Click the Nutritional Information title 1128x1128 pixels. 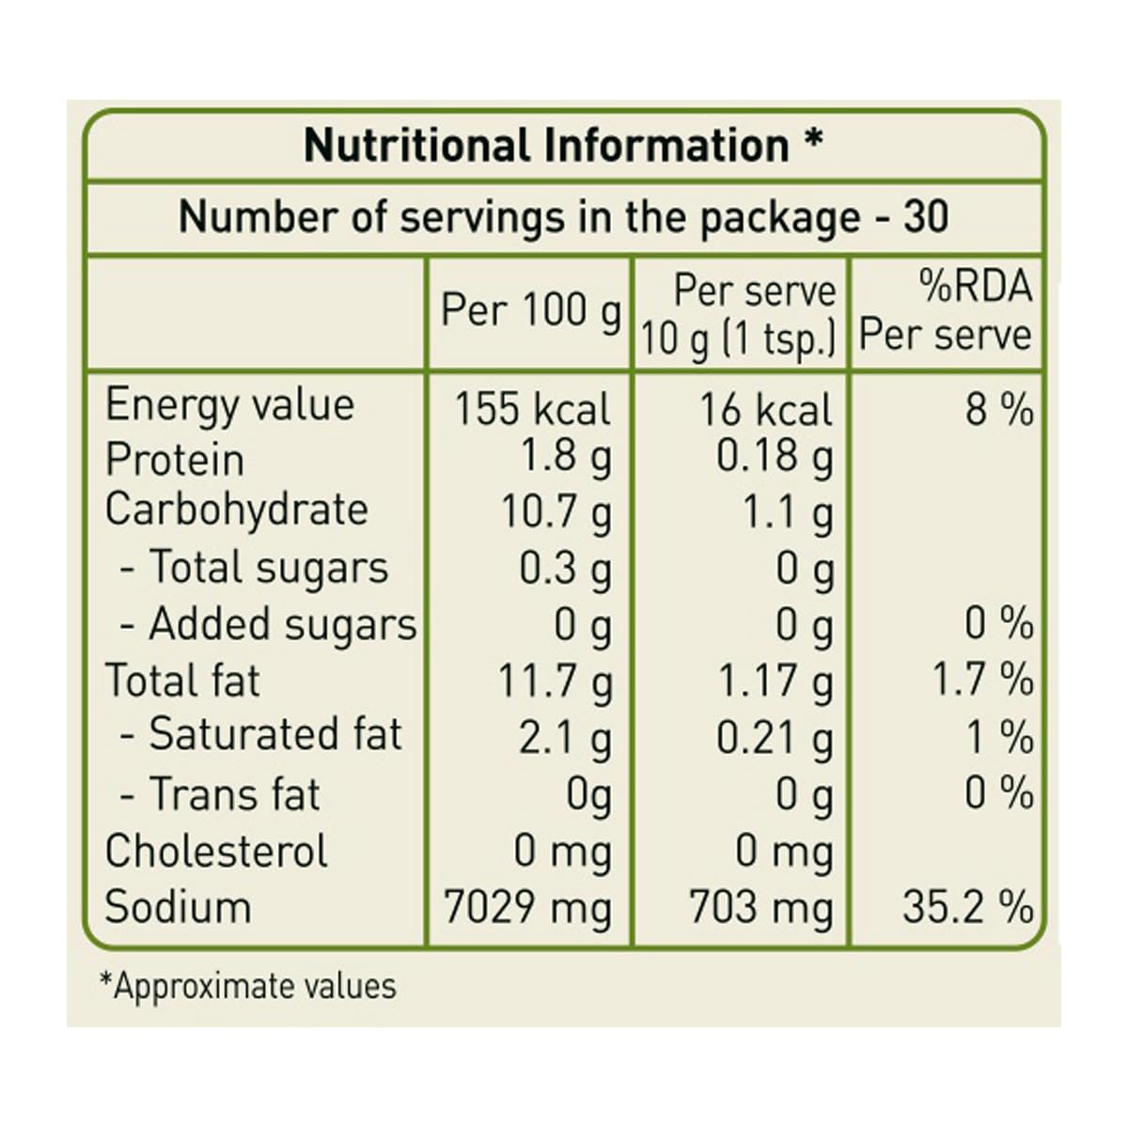pos(563,146)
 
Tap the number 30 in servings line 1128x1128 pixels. pos(926,217)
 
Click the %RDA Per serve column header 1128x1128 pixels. pos(946,312)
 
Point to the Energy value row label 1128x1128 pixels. pos(229,406)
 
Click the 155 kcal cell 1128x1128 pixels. pos(532,409)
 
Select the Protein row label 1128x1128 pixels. pos(175,461)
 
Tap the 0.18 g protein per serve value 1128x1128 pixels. pos(775,458)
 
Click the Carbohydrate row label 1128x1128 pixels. pos(236,509)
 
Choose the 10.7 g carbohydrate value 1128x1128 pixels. pos(556,512)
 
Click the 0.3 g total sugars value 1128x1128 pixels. pos(565,569)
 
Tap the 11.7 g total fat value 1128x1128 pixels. pos(555,681)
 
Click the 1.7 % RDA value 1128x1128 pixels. pos(982,681)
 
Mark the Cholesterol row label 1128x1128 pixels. pos(216,852)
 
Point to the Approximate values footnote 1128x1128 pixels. pos(248,986)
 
